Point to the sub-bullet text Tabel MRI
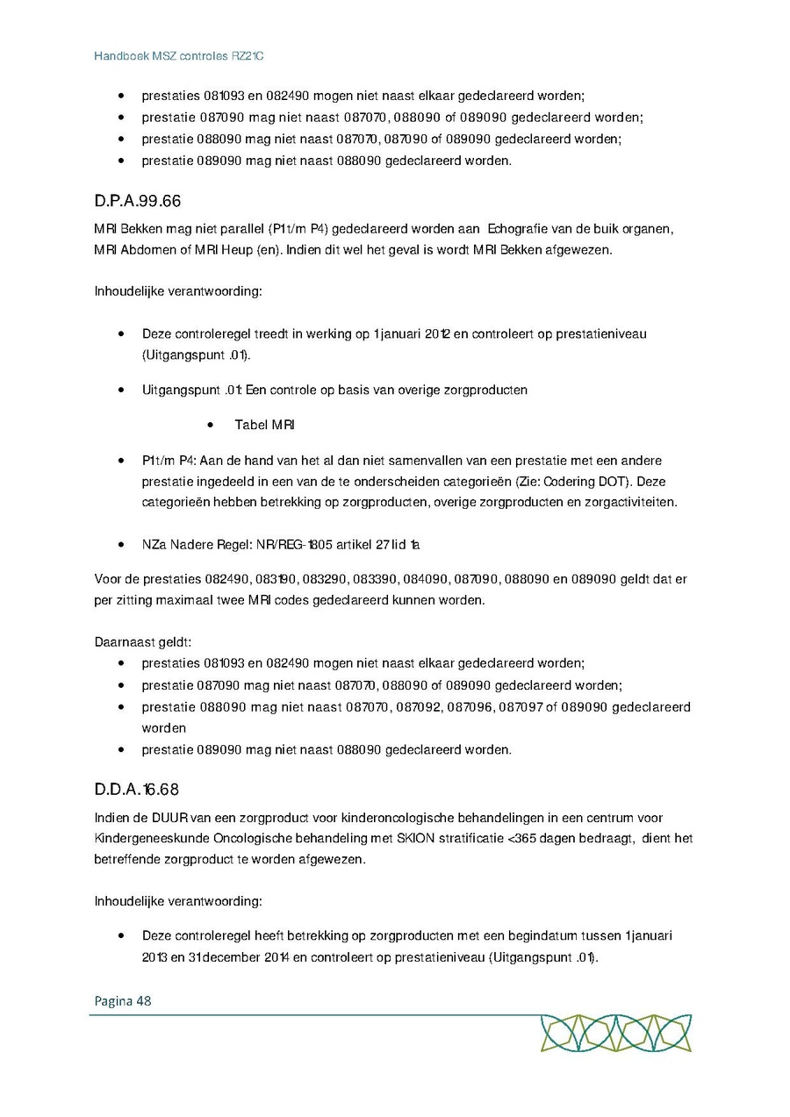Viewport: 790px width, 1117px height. coord(264,426)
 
